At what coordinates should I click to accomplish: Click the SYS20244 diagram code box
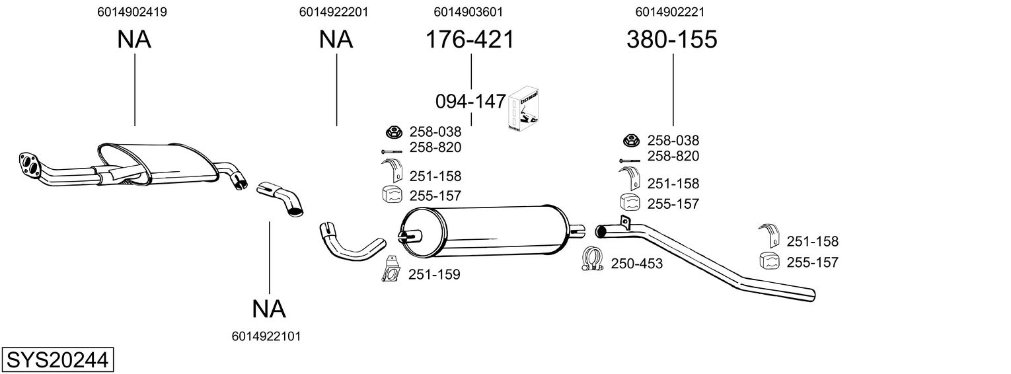coord(57,359)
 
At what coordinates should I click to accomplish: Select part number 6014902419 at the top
coord(131,12)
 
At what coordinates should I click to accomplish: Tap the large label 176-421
coord(470,39)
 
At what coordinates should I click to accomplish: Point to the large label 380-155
coord(671,39)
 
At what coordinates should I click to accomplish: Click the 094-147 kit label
coord(470,102)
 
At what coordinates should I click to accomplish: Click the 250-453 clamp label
coord(636,264)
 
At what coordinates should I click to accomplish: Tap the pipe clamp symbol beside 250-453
coord(593,259)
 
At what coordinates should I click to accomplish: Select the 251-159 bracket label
coord(434,274)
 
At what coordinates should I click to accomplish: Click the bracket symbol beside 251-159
coord(391,269)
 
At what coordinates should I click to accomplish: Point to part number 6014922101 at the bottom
coord(266,336)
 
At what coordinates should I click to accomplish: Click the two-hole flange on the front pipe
coord(29,164)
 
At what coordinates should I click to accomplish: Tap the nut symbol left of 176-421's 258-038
coord(394,132)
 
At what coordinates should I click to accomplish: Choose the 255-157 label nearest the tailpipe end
coord(812,262)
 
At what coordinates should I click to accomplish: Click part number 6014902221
coord(670,12)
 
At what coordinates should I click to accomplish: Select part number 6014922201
coord(334,12)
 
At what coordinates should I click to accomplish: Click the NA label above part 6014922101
coord(269,309)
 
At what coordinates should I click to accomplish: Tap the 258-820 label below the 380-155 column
coord(673,156)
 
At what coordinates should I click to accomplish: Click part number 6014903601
coord(468,12)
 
